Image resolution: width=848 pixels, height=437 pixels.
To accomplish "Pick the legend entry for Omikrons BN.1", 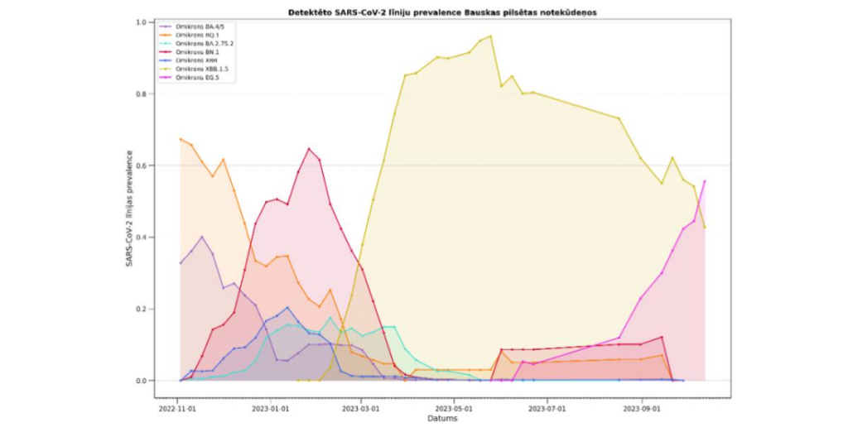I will click(190, 51).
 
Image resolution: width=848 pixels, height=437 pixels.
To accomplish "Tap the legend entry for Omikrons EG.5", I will click(190, 77).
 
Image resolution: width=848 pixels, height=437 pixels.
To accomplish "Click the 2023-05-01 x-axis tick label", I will click(454, 408).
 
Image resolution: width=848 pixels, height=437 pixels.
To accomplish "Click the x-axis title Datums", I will click(441, 418).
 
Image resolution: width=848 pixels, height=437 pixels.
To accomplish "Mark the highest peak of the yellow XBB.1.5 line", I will click(491, 36).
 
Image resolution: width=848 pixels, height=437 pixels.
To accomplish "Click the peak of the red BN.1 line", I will click(309, 149).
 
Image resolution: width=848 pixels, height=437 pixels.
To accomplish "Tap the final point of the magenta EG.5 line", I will click(705, 181).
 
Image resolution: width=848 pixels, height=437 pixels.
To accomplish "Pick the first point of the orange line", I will click(181, 139).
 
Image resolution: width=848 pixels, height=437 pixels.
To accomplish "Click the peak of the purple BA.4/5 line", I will click(201, 237).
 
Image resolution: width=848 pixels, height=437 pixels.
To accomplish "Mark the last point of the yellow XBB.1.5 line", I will click(705, 227).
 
